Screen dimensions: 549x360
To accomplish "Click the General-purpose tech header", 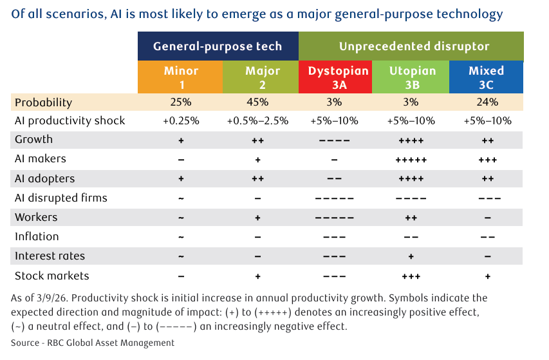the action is coord(218,46).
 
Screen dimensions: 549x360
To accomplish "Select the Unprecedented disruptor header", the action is coord(411,46).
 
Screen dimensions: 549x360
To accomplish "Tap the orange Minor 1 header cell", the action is coord(180,77).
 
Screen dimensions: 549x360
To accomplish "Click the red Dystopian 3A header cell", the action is coord(335,77).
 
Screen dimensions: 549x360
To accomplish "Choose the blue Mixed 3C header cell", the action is coord(487,77).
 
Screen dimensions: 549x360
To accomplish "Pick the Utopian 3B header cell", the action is coord(411,77).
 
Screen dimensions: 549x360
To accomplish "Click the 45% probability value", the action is coord(257,102).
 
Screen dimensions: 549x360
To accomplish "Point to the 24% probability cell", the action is coord(487,102).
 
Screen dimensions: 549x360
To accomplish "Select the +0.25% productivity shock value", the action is coord(181,121).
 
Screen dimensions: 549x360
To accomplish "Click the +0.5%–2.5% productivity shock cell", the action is coord(257,121).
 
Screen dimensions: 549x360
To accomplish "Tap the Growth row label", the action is coord(33,139).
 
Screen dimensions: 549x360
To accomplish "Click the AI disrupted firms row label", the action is coord(61,198).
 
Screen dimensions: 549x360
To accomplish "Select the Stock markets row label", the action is coord(52,276).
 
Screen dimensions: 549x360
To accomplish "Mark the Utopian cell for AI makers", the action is coord(411,160).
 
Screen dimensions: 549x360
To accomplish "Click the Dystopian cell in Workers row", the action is coord(335,218).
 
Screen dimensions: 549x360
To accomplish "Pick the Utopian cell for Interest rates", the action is coord(411,256).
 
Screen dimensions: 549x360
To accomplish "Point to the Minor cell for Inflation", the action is coord(181,237).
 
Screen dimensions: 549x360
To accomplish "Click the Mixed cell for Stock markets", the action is coord(488,276).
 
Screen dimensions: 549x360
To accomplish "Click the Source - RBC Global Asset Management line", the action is coord(93,343).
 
